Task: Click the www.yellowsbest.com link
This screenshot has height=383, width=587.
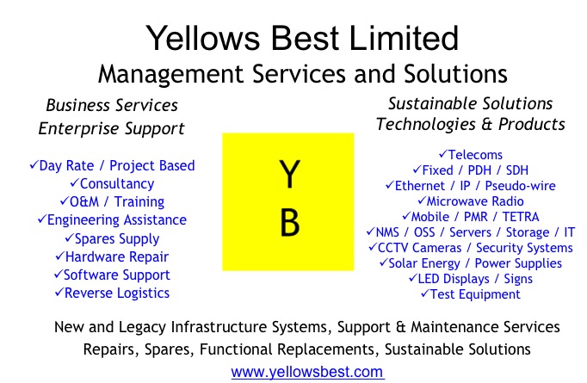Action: tap(308, 372)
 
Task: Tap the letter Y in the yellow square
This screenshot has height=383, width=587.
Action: tap(289, 174)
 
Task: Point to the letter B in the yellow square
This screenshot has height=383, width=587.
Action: tap(290, 223)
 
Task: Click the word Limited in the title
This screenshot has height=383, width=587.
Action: tap(404, 38)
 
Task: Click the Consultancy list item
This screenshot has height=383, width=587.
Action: tap(112, 184)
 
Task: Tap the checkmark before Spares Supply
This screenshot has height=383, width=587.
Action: tap(70, 238)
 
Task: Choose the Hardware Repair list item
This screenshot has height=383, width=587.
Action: tap(112, 256)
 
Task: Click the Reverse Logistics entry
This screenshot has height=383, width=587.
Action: tap(112, 293)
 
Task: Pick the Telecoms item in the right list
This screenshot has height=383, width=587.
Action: tap(471, 155)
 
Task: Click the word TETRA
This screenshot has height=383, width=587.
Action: tap(521, 217)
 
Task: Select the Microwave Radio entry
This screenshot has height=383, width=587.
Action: tap(471, 201)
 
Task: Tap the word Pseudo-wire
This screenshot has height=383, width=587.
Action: tap(521, 186)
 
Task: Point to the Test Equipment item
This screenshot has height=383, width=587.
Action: tap(471, 294)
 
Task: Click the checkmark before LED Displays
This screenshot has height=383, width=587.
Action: tap(413, 278)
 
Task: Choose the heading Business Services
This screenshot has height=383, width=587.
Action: tap(112, 105)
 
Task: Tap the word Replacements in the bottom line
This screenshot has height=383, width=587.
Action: tap(325, 349)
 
